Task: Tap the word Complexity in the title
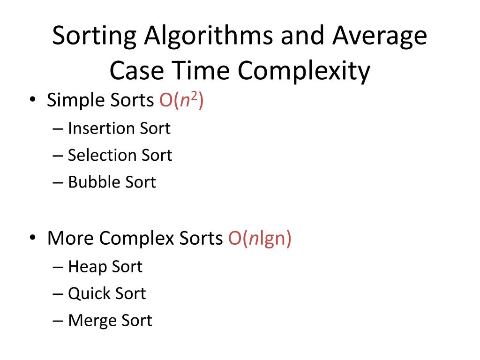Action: pyautogui.click(x=303, y=71)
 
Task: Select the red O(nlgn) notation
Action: pyautogui.click(x=260, y=238)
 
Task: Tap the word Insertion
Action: pyautogui.click(x=100, y=128)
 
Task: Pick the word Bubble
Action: pyautogui.click(x=93, y=182)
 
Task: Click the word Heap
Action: pyautogui.click(x=87, y=267)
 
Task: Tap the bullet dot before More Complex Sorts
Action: pyautogui.click(x=33, y=239)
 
